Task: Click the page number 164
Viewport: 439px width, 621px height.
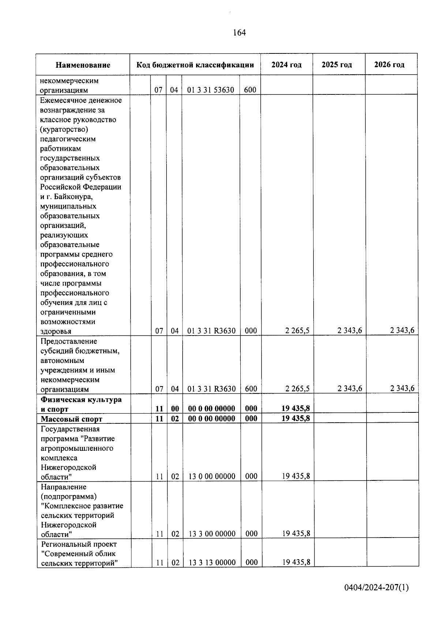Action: (239, 33)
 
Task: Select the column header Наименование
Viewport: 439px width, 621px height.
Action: (83, 65)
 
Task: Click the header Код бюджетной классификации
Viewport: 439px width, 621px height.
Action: (195, 65)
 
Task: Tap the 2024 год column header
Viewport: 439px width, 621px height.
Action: (286, 65)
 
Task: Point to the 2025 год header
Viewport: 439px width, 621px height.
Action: (337, 65)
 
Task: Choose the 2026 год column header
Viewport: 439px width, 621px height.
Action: (389, 65)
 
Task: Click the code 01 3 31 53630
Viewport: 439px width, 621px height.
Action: (211, 90)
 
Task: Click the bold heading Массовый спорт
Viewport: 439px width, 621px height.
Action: (72, 419)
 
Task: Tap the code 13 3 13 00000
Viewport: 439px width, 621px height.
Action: (212, 562)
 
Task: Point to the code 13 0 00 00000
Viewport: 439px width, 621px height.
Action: (212, 476)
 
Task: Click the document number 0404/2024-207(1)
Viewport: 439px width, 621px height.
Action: (376, 588)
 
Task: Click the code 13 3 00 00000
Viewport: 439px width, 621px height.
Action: (212, 534)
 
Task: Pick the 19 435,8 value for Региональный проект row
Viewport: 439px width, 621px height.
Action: (296, 562)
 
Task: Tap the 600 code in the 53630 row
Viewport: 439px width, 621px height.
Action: (250, 90)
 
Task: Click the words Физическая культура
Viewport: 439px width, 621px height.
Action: (81, 399)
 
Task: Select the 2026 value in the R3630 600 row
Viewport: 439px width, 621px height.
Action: (402, 388)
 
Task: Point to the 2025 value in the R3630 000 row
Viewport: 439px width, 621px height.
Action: (350, 330)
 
